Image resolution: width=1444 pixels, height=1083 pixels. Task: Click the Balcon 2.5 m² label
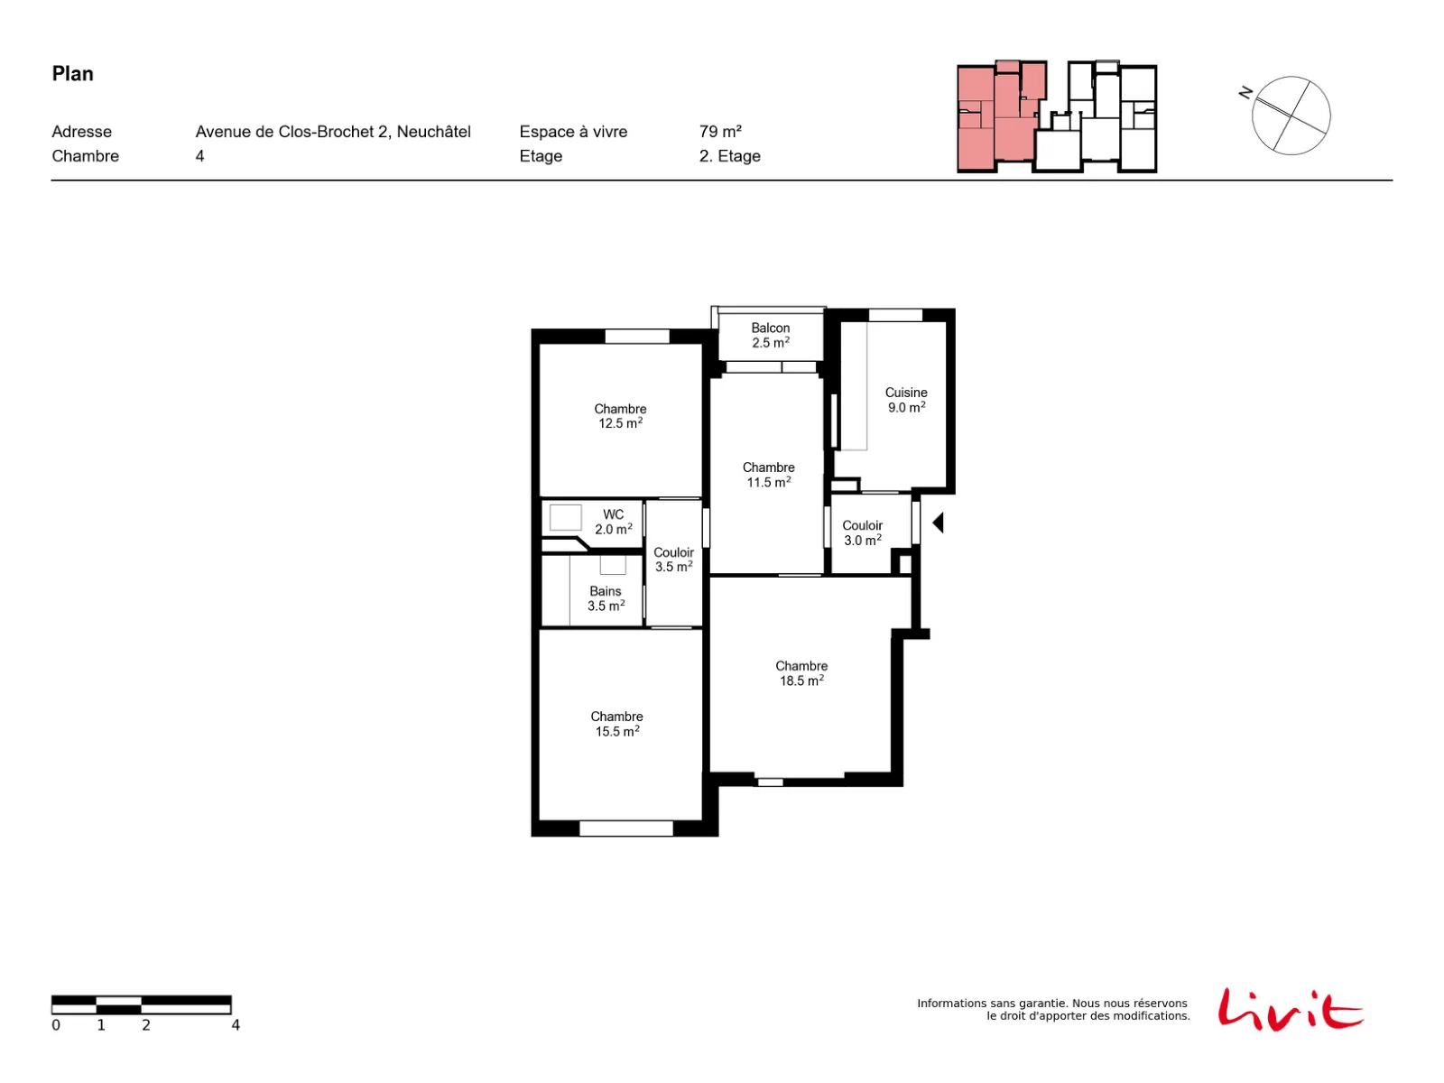coord(771,336)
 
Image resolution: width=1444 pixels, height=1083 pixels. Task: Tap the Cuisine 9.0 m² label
coord(906,400)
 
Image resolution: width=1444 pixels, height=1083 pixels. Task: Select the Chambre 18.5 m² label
coord(801,673)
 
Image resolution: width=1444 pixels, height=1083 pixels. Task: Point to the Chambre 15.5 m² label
coord(616,724)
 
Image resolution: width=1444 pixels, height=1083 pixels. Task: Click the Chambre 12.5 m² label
coord(620,416)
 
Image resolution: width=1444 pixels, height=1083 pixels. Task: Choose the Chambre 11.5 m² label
coord(768,475)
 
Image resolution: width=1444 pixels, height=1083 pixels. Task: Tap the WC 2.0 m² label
coord(613,523)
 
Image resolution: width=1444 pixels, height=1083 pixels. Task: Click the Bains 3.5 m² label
coord(606,598)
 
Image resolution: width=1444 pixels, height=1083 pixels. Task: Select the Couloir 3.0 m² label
coord(863,532)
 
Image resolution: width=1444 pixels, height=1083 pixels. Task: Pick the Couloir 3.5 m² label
coord(673,560)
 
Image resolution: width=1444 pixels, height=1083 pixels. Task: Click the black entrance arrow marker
coord(939,523)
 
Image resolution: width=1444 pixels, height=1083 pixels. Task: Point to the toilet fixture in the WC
coord(565,517)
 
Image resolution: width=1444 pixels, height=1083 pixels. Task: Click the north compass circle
coord(1291,116)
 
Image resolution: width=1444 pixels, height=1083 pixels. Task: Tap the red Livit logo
coord(1291,1009)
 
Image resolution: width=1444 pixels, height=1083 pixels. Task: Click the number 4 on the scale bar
coord(236,1025)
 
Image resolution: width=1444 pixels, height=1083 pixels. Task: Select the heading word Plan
coord(72,74)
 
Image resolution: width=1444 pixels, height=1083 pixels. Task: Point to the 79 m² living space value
coord(720,132)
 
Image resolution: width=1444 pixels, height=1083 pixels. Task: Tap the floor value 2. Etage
coord(729,156)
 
